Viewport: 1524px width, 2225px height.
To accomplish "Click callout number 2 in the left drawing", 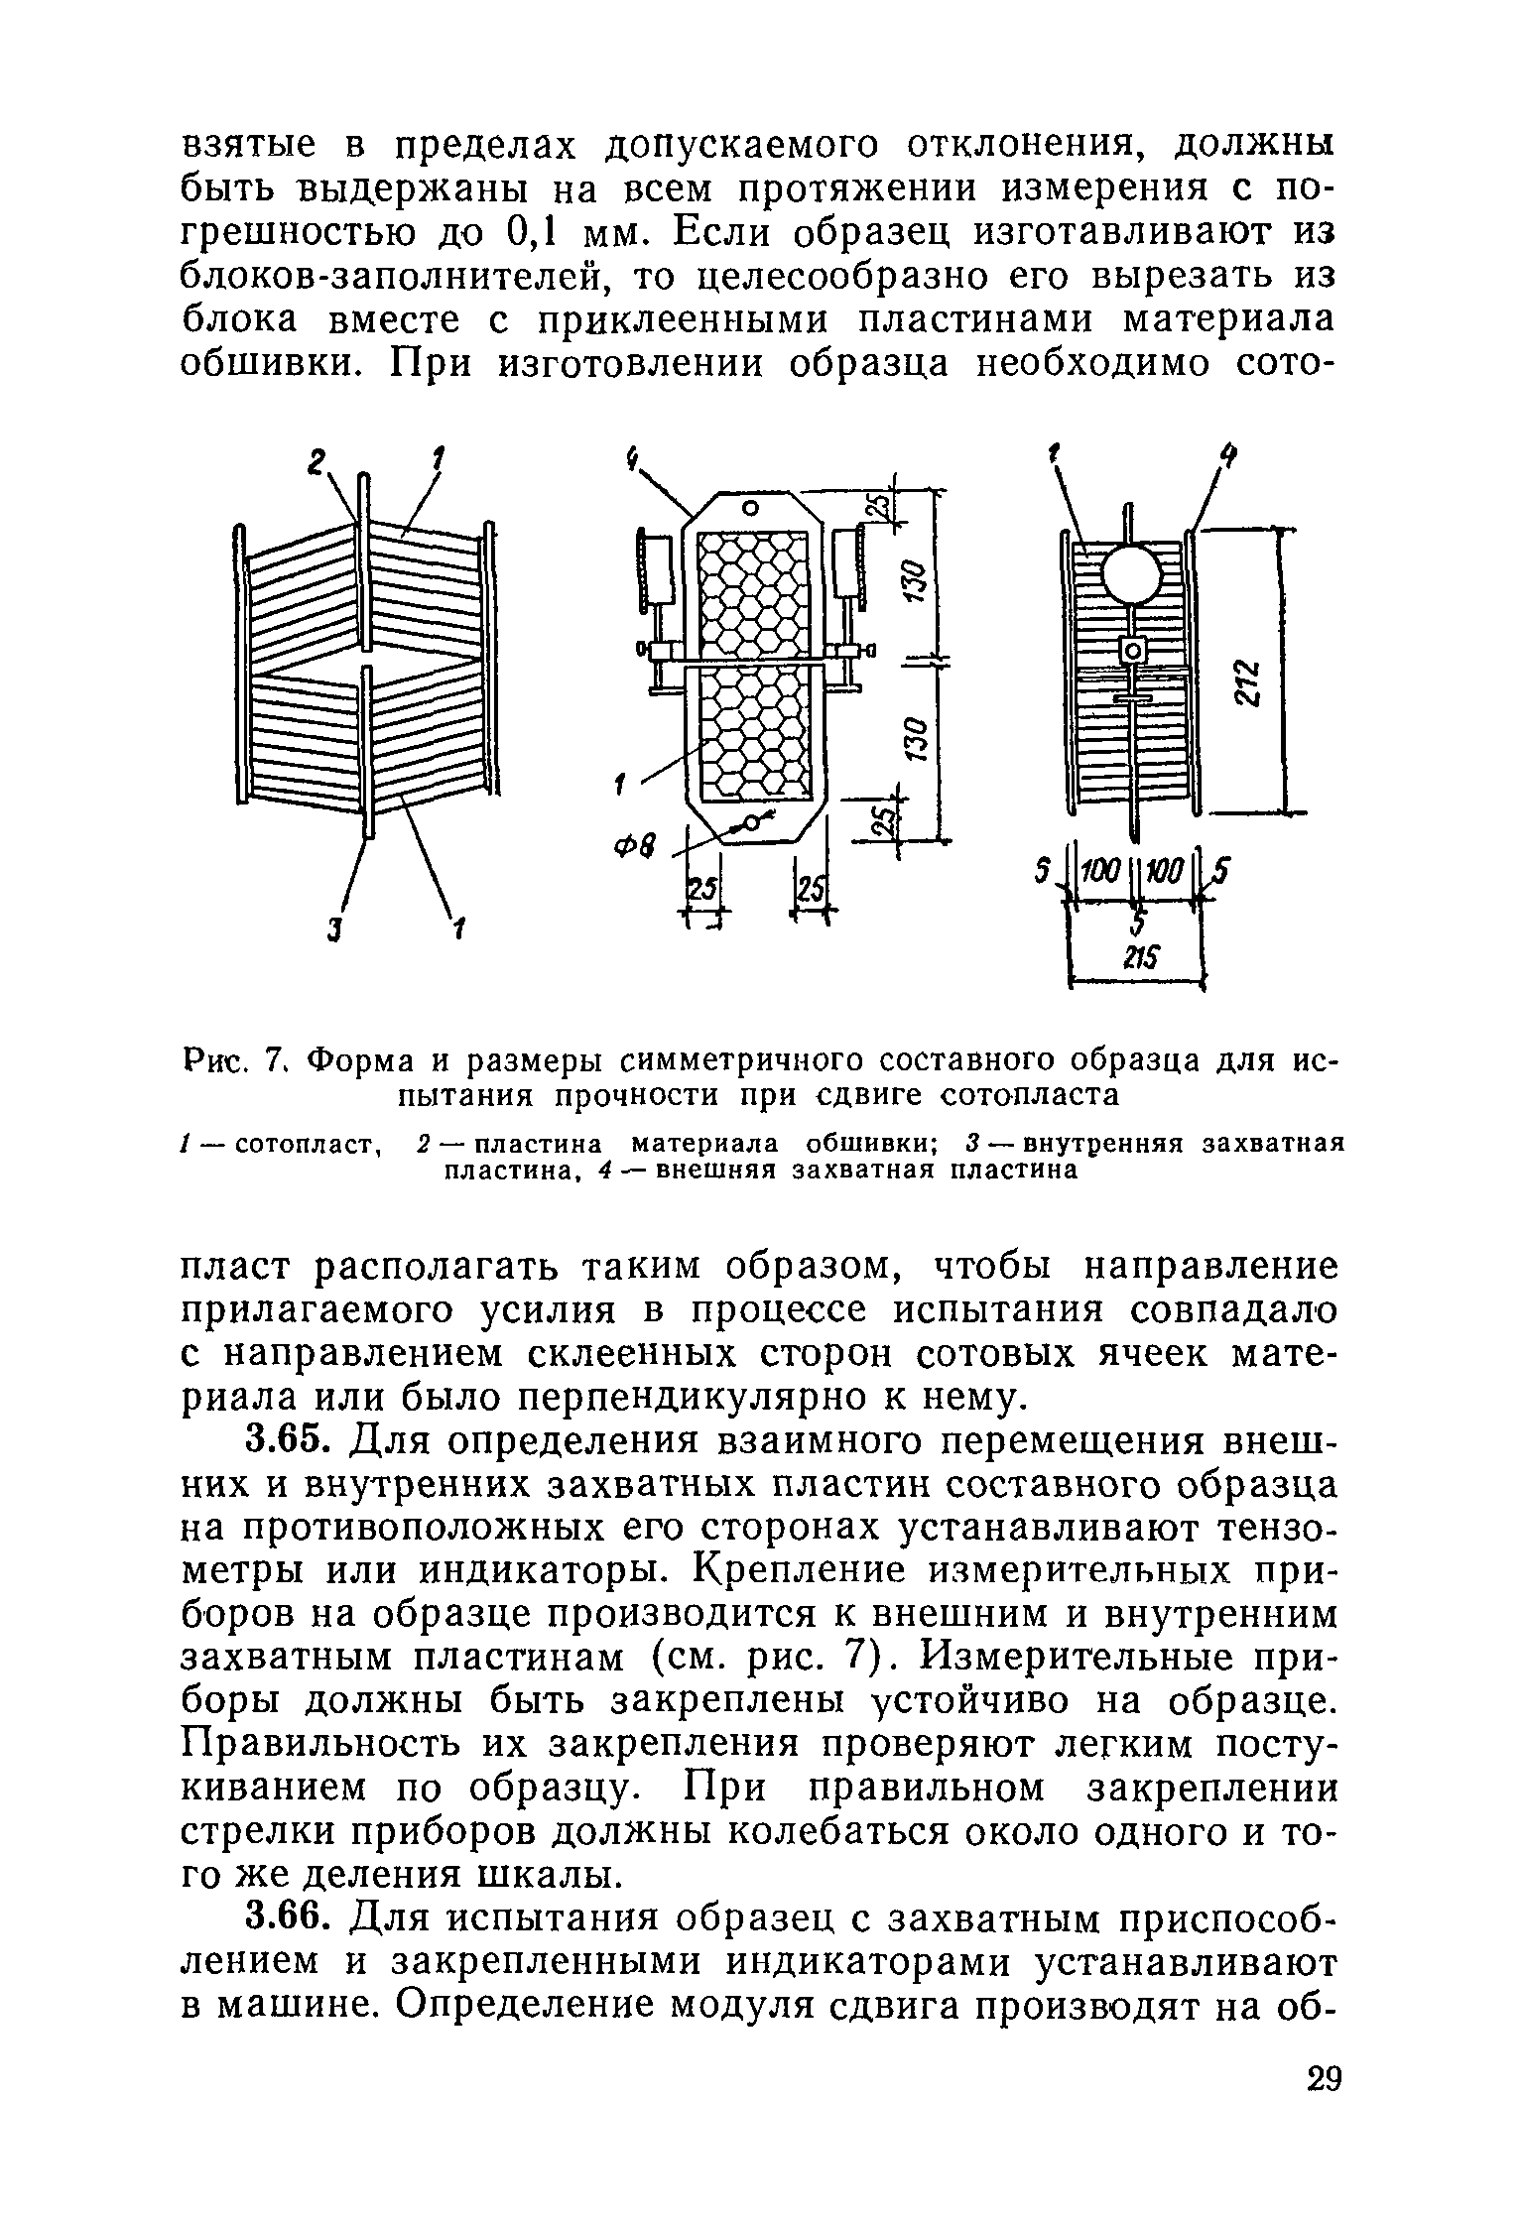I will [x=317, y=462].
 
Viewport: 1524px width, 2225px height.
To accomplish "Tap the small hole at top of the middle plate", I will [x=751, y=508].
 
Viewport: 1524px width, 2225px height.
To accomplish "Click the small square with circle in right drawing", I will [x=1132, y=652].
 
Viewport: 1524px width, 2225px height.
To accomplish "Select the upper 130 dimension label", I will [x=915, y=578].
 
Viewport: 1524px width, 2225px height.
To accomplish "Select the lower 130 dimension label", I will [x=915, y=735].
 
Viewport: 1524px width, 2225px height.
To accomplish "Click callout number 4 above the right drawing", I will [x=1228, y=458].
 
